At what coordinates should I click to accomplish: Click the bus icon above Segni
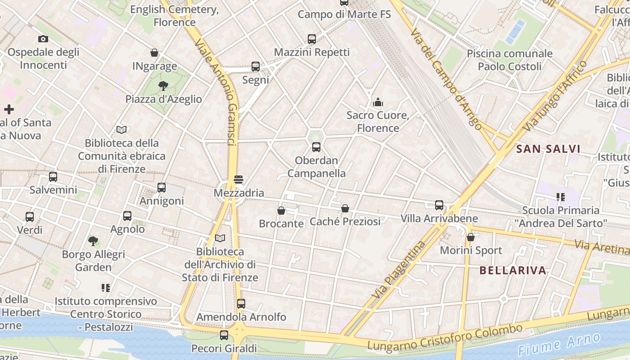256,67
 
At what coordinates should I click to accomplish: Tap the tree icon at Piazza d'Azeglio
163,85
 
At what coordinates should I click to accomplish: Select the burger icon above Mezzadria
238,180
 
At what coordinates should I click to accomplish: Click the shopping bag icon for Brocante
281,210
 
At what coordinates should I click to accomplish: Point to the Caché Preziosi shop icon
345,208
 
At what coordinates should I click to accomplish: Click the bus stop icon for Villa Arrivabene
439,205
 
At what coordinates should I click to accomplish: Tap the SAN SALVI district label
548,149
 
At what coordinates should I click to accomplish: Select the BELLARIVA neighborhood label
513,270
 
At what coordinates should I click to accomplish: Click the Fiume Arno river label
559,344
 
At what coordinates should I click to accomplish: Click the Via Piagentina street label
399,269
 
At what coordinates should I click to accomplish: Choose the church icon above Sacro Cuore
378,102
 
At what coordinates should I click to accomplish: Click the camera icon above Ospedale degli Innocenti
43,39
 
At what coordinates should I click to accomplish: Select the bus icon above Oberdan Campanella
316,147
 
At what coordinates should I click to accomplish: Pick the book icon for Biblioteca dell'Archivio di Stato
220,238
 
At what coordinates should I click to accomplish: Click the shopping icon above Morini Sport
471,237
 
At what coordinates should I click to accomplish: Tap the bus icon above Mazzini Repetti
312,39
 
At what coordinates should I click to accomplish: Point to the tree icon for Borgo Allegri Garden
93,241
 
